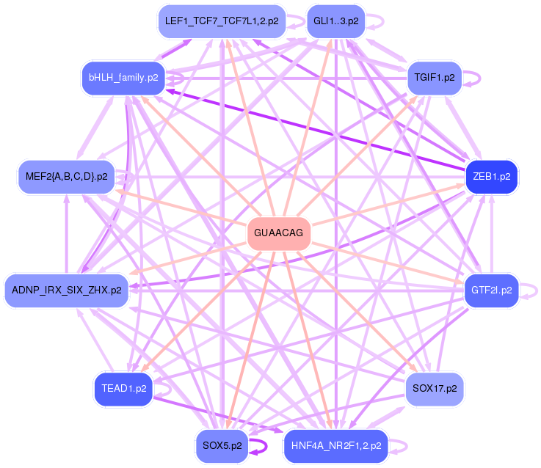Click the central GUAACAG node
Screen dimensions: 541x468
278,234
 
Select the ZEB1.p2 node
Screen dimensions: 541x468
492,177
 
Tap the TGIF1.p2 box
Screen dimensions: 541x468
434,77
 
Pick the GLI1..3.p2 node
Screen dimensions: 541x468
335,21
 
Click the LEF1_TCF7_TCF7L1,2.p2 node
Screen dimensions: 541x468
221,21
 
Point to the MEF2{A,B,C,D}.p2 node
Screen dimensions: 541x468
66,177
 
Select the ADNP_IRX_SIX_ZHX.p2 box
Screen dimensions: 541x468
66,290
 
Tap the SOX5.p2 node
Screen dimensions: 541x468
222,445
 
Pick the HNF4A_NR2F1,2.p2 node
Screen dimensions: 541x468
335,445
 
